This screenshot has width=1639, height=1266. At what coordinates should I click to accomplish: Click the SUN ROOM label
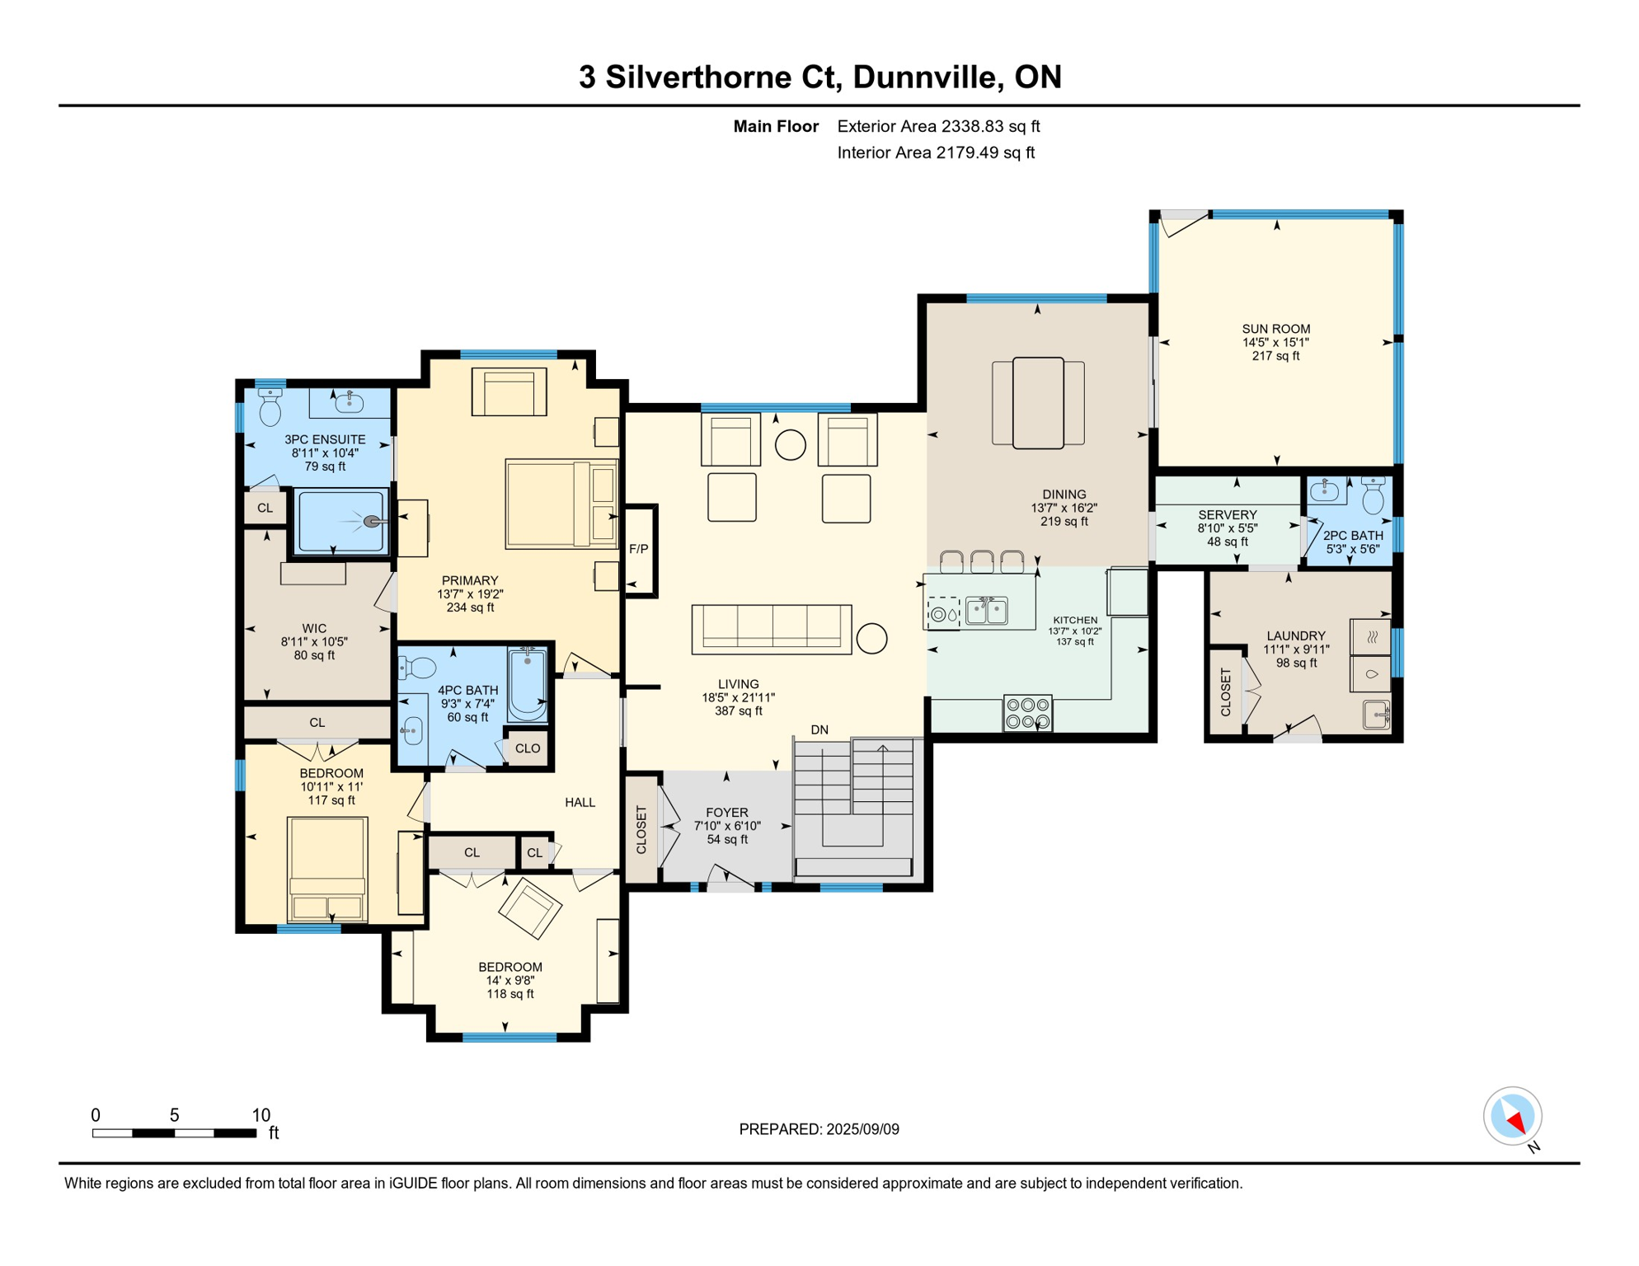point(1275,329)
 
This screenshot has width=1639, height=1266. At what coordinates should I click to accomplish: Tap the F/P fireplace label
point(638,549)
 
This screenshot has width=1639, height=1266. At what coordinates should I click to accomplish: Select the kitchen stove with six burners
point(1027,714)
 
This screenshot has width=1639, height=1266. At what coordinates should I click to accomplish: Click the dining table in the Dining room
point(1038,403)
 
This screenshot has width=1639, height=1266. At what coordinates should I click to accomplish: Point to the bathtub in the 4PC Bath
point(528,685)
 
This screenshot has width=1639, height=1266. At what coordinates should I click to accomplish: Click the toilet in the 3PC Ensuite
point(270,406)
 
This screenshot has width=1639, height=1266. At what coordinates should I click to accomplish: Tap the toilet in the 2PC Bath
point(1373,494)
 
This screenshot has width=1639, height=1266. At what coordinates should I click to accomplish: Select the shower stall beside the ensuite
point(341,522)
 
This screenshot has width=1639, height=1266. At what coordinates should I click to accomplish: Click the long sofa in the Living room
point(772,629)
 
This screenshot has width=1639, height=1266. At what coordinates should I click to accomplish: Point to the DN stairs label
point(819,729)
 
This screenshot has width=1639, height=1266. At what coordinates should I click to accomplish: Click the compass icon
point(1513,1117)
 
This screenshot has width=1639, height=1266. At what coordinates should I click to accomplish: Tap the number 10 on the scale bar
point(261,1115)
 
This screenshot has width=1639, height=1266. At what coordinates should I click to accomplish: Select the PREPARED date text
point(819,1129)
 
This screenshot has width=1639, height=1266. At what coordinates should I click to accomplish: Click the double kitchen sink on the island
point(987,611)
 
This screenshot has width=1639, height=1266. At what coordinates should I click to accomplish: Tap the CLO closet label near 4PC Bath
point(528,748)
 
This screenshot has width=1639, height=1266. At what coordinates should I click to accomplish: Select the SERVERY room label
point(1228,515)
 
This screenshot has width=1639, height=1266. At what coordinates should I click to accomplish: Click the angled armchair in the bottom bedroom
point(530,908)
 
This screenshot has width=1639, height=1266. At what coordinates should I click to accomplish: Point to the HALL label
point(580,802)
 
